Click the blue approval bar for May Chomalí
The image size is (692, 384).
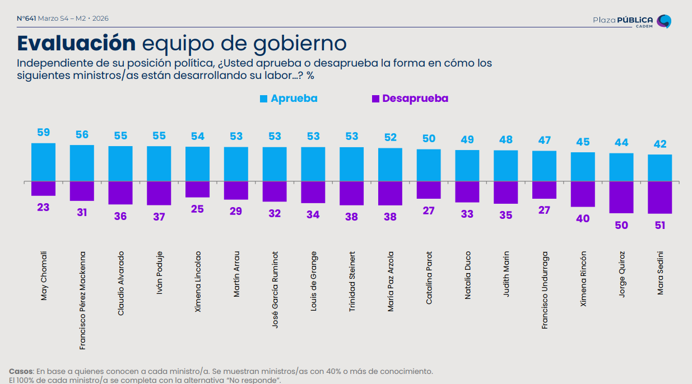pos(43,162)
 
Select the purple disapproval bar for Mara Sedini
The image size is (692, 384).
pos(660,198)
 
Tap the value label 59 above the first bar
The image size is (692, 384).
pos(43,133)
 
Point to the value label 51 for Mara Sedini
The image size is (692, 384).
pos(660,226)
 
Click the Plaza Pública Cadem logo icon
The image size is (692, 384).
pos(663,21)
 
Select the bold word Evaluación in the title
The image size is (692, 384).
pos(76,43)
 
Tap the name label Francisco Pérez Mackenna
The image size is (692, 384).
pos(82,300)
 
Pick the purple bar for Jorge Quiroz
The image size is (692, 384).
pos(621,197)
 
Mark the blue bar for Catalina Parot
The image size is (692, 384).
pos(429,165)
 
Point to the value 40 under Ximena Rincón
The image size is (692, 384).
pos(583,218)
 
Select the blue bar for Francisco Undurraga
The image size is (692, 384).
pos(544,166)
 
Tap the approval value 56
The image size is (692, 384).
pos(82,135)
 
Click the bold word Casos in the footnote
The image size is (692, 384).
pos(21,371)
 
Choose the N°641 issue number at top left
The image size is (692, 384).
pos(26,18)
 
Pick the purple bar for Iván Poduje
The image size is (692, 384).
pos(159,193)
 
